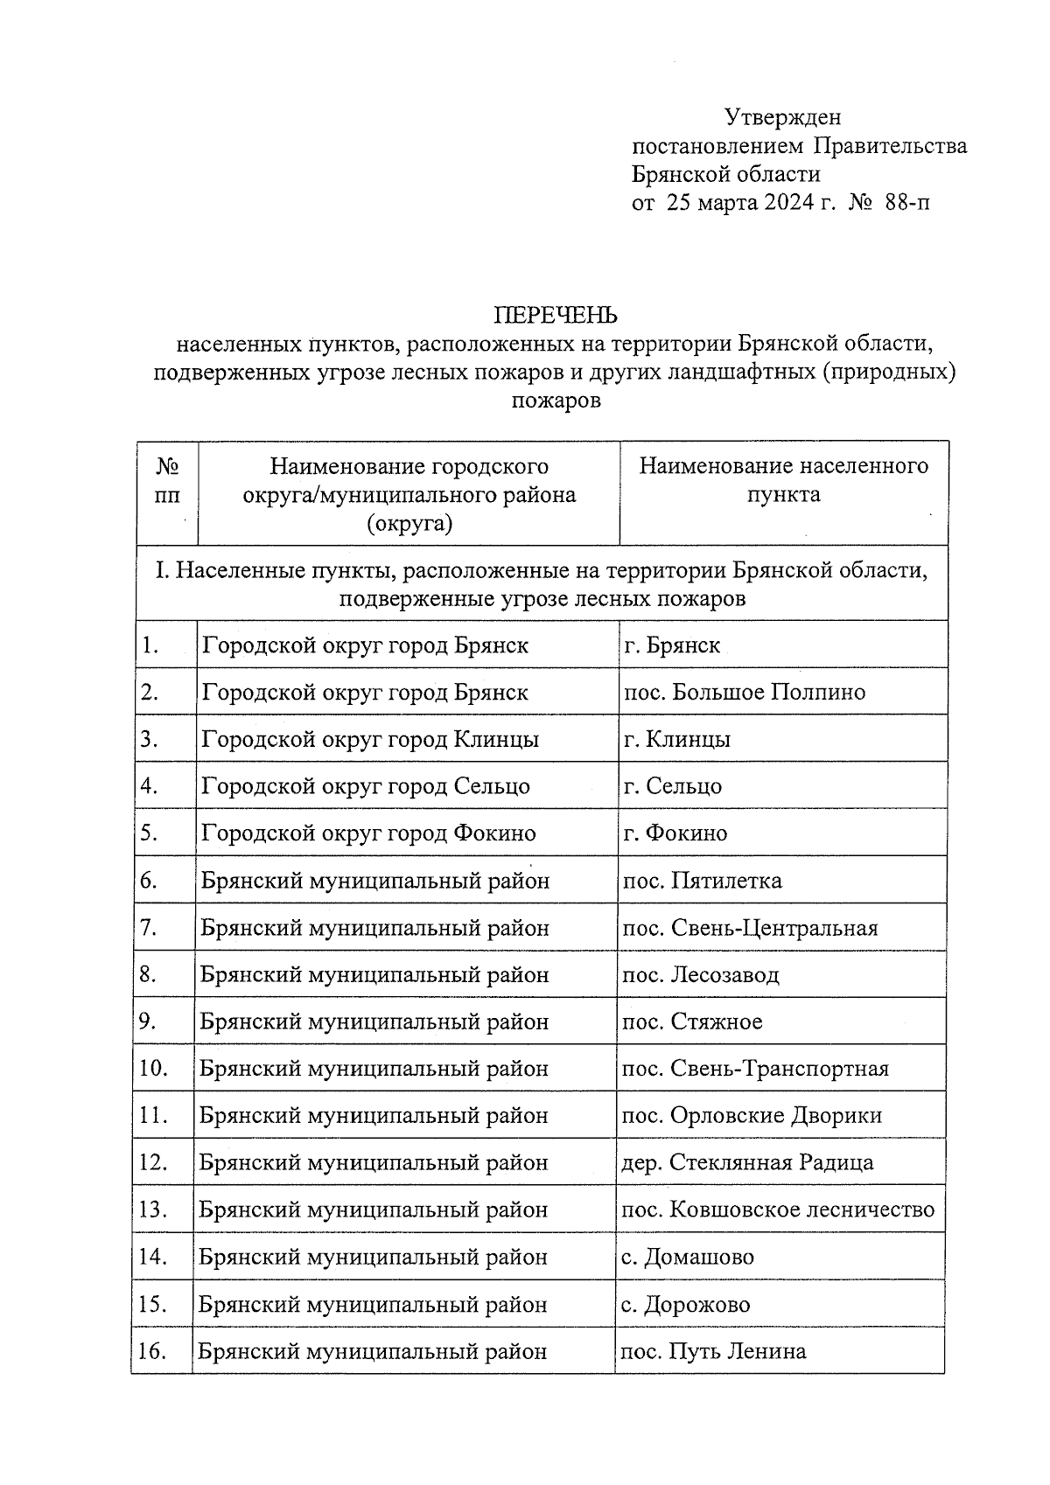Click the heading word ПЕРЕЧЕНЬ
pos(556,314)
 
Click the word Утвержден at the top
pos(782,116)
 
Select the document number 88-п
pos(907,204)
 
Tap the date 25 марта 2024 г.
pos(740,204)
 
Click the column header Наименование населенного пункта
pos(783,480)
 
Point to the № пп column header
pos(167,480)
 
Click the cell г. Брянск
pos(672,645)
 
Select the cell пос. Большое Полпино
pos(745,693)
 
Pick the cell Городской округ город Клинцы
pos(370,740)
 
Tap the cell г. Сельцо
pos(673,786)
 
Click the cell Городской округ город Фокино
pos(368,833)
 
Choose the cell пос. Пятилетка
pos(702,881)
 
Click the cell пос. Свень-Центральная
pos(750,928)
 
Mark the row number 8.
pos(148,974)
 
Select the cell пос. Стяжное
pos(692,1021)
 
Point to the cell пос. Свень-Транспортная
pos(755,1069)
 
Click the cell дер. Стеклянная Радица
pos(747,1163)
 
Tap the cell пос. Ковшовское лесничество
pos(778,1210)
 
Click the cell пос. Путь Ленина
pos(713,1352)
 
